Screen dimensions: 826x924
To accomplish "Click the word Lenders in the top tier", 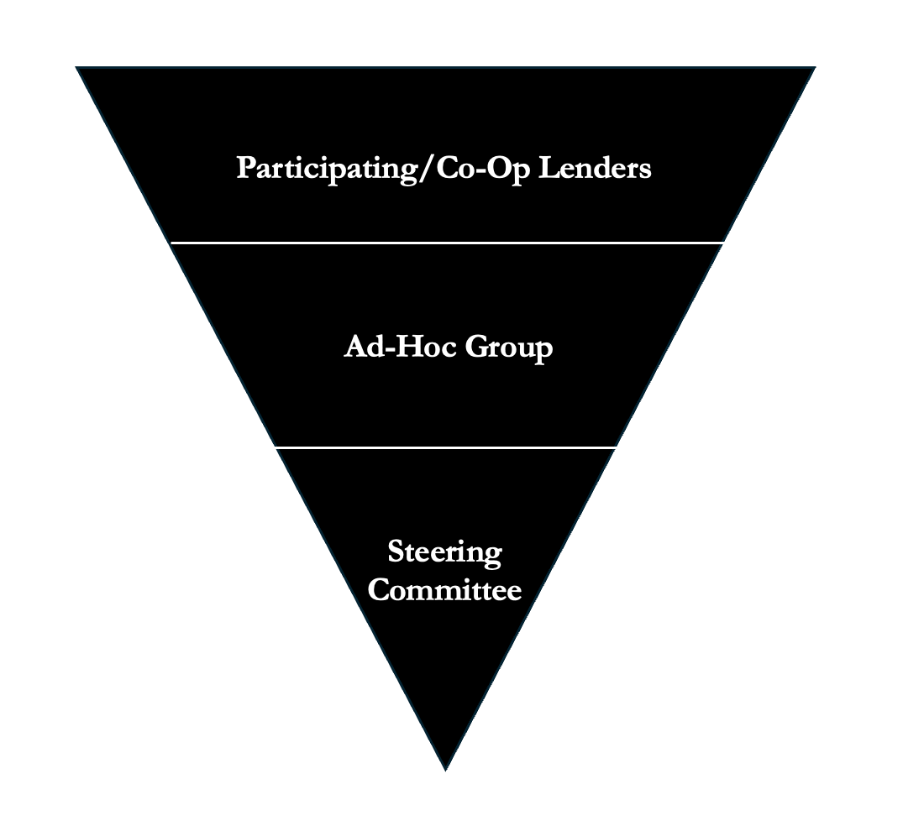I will point(595,168).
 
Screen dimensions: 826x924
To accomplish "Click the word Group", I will point(509,348).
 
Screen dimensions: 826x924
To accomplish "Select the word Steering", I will point(444,553).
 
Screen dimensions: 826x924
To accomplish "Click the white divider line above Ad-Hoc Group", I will point(447,243).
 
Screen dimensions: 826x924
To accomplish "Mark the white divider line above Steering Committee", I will point(445,448).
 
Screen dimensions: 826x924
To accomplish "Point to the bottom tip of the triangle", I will point(445,768).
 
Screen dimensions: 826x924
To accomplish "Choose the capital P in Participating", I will point(244,168).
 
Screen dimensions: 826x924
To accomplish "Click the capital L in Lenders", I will point(546,168).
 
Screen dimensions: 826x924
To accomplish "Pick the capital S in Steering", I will point(396,552).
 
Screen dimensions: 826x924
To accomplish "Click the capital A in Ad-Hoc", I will point(354,347).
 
